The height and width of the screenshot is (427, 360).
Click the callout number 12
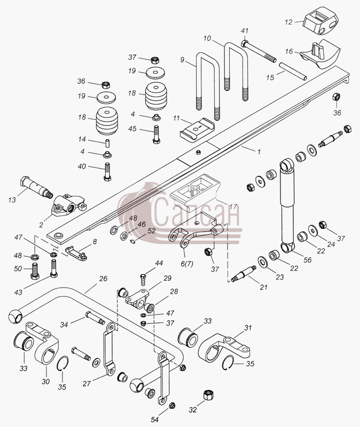coord(288,22)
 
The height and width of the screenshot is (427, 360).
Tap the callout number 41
coord(245,31)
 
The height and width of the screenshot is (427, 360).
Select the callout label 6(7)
coord(187,264)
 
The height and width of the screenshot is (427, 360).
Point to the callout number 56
coord(308,260)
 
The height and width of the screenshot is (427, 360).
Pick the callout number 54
coord(155,419)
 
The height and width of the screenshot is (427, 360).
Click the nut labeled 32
coord(208,394)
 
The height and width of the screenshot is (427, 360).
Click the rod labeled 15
coord(293,72)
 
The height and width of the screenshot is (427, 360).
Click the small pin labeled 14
coord(107,143)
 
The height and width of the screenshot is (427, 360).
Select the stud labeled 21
coord(244,274)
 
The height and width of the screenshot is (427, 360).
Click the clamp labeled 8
coord(76,252)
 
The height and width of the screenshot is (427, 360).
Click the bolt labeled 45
coord(156,134)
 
